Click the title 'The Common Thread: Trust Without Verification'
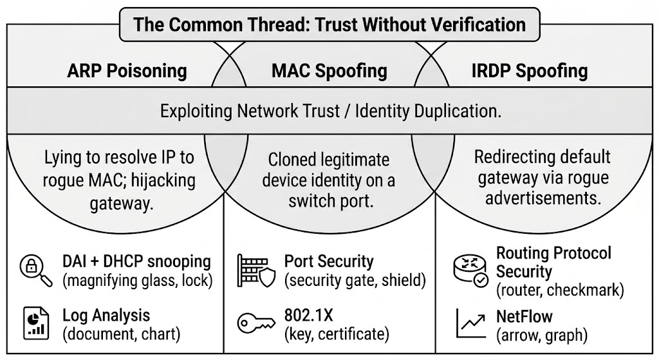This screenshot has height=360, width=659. pyautogui.click(x=329, y=24)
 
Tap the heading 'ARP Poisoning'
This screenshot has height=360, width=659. pyautogui.click(x=127, y=70)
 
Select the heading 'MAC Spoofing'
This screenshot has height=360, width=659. pyautogui.click(x=329, y=70)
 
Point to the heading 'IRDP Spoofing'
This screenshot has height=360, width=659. pyautogui.click(x=529, y=70)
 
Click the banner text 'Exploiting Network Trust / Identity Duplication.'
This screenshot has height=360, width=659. pyautogui.click(x=329, y=111)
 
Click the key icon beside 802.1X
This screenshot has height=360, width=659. pyautogui.click(x=255, y=323)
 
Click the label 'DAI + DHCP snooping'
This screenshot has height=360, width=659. pyautogui.click(x=136, y=261)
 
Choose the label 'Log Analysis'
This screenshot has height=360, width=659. pyautogui.click(x=106, y=316)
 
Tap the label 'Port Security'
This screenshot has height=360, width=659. pyautogui.click(x=329, y=261)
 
